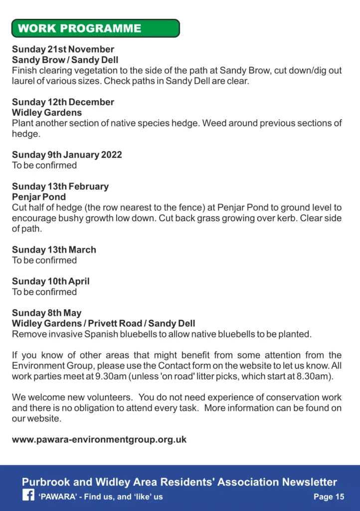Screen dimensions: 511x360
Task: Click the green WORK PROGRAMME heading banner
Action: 95,28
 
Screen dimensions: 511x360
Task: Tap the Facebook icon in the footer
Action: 28,496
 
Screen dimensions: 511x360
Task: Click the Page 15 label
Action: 329,497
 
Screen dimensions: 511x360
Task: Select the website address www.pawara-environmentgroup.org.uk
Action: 99,440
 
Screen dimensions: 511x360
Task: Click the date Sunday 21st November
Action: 63,49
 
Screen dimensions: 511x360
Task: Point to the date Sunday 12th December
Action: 63,102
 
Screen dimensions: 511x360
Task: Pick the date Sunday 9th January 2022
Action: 67,155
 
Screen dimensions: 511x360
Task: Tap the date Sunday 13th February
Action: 60,187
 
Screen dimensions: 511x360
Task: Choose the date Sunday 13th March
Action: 54,250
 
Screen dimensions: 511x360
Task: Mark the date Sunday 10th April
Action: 51,281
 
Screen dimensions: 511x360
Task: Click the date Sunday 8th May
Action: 46,313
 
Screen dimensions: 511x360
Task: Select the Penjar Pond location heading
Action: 39,197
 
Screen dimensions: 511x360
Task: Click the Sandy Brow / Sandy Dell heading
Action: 65,60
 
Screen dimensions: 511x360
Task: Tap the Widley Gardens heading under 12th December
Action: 47,113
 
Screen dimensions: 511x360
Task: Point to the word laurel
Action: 23,81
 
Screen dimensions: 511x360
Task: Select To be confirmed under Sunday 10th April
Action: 44,292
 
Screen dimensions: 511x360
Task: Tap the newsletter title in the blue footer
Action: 180,482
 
